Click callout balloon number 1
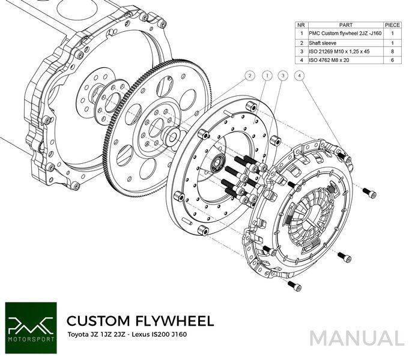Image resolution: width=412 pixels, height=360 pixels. tap(265, 76)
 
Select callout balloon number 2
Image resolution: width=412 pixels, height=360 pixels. tap(248, 76)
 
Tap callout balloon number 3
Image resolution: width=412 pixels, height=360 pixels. tap(282, 76)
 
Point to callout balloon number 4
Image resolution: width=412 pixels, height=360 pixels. tap(299, 76)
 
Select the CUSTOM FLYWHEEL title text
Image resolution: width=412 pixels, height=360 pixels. tap(139, 319)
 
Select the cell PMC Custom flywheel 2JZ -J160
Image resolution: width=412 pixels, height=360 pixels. tap(341, 35)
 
